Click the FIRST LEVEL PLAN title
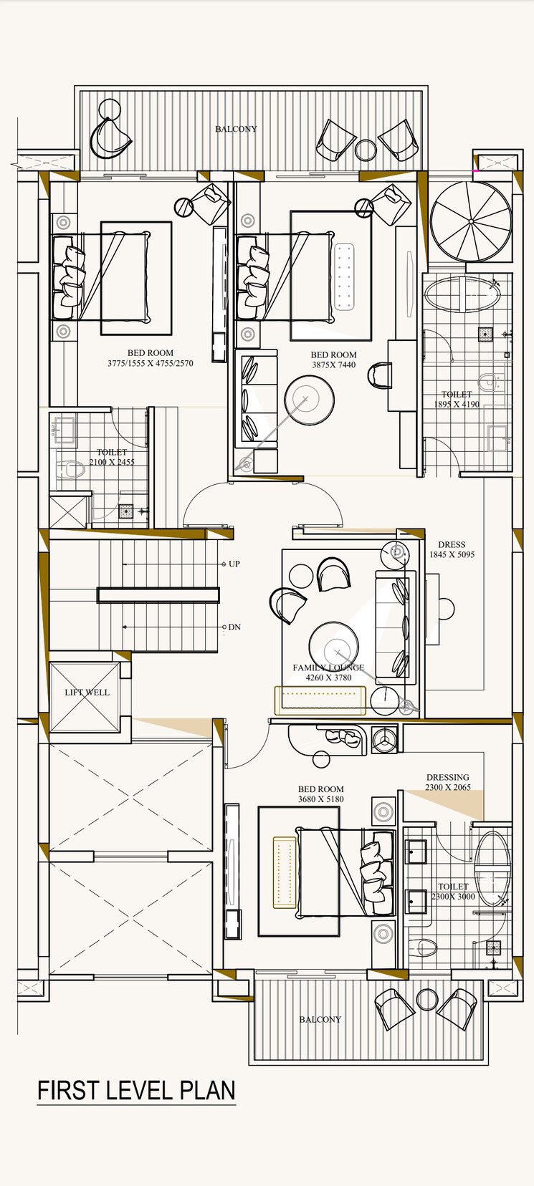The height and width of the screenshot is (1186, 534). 136,1090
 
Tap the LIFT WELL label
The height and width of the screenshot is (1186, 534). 87,693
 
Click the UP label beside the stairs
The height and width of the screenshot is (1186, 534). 234,564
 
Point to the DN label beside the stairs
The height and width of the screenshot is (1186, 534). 234,627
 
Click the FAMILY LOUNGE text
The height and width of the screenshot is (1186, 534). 328,667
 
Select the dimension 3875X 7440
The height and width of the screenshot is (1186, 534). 333,365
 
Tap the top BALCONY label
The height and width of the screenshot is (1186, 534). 236,130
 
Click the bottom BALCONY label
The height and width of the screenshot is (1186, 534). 320,1019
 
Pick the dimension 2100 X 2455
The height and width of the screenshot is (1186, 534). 112,462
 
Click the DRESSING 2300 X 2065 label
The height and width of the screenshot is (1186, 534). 448,782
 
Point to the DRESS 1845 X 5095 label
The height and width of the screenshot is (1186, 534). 452,549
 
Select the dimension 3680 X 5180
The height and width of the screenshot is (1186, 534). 321,799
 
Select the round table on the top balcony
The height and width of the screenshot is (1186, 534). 366,150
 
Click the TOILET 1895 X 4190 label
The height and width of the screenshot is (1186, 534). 457,399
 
